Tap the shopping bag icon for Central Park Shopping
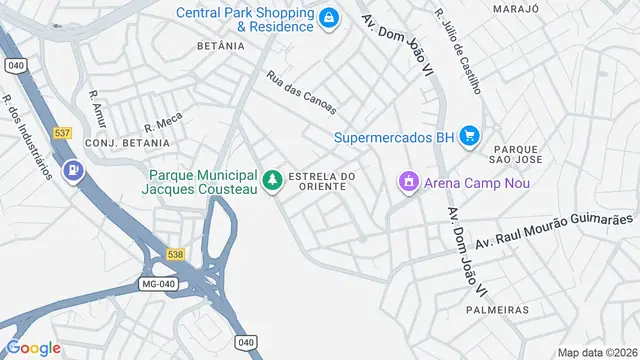pyautogui.click(x=328, y=17)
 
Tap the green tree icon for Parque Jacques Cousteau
pyautogui.click(x=272, y=181)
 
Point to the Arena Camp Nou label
pyautogui.click(x=477, y=183)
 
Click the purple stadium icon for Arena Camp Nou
pyautogui.click(x=408, y=183)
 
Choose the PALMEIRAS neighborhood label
pyautogui.click(x=497, y=310)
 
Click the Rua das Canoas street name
pyautogui.click(x=301, y=92)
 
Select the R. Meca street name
pyautogui.click(x=163, y=122)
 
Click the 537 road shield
pyautogui.click(x=63, y=132)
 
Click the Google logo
pyautogui.click(x=34, y=348)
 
